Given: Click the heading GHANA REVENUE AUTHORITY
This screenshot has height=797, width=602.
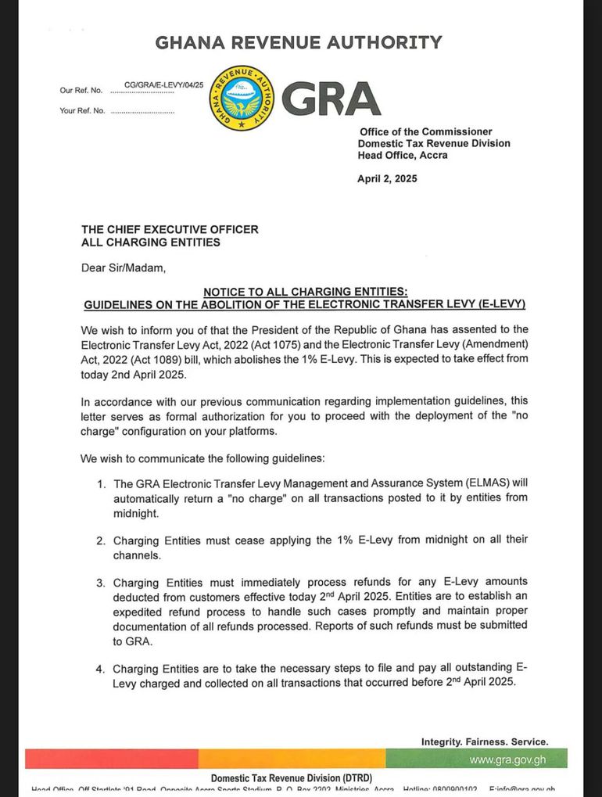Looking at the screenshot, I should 299,42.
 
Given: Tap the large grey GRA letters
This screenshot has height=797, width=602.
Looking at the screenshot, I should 331,99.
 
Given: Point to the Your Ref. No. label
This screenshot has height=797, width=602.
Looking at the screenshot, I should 82,111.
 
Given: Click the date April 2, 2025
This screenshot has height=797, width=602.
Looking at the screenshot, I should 387,178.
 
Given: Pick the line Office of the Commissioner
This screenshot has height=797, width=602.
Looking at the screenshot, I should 425,132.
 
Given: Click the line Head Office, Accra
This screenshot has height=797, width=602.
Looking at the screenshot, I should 403,156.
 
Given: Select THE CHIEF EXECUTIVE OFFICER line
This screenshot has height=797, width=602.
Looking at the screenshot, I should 170,230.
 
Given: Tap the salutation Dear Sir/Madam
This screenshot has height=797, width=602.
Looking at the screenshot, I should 124,268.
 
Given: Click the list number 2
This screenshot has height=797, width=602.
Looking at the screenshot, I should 101,540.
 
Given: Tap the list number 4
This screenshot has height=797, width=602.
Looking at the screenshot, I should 101,670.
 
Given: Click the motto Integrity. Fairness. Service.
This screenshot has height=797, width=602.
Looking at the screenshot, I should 485,741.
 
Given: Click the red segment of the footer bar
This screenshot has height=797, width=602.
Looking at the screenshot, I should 111,759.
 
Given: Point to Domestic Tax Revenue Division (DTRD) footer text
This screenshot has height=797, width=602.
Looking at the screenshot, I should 292,778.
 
